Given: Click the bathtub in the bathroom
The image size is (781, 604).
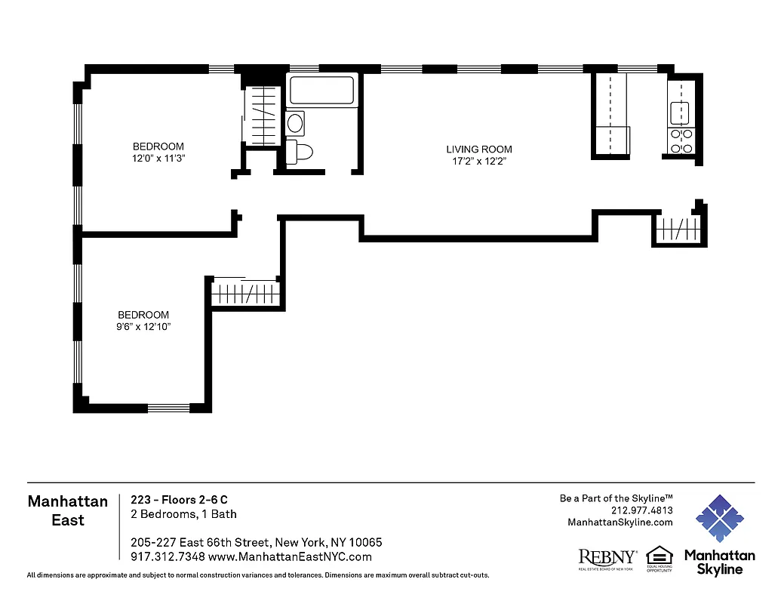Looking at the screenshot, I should pos(322,91).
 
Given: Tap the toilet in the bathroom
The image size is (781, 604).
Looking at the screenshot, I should pos(301,152).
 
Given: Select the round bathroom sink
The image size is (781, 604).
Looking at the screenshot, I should pos(295,122).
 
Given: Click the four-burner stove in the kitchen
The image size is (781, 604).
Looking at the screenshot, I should pos(682,140).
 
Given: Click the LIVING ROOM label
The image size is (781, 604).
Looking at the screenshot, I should pos(478,149).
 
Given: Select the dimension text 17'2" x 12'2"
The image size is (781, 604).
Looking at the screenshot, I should pos(478,161).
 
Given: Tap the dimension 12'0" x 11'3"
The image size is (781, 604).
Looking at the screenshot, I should pos(158,159).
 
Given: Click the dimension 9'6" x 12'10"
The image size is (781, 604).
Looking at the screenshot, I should pos(143,327).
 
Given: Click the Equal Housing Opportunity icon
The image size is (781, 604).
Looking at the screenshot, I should pos(659,558).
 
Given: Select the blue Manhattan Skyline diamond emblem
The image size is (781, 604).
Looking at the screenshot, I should pos(719,519).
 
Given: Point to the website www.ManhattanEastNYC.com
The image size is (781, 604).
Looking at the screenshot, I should pos(290,557).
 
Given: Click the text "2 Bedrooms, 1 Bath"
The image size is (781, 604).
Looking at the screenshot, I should pos(183,514).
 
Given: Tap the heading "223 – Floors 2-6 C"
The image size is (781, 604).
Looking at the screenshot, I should pos(179,500).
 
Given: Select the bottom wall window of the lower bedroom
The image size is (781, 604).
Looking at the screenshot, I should pos(168,408).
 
